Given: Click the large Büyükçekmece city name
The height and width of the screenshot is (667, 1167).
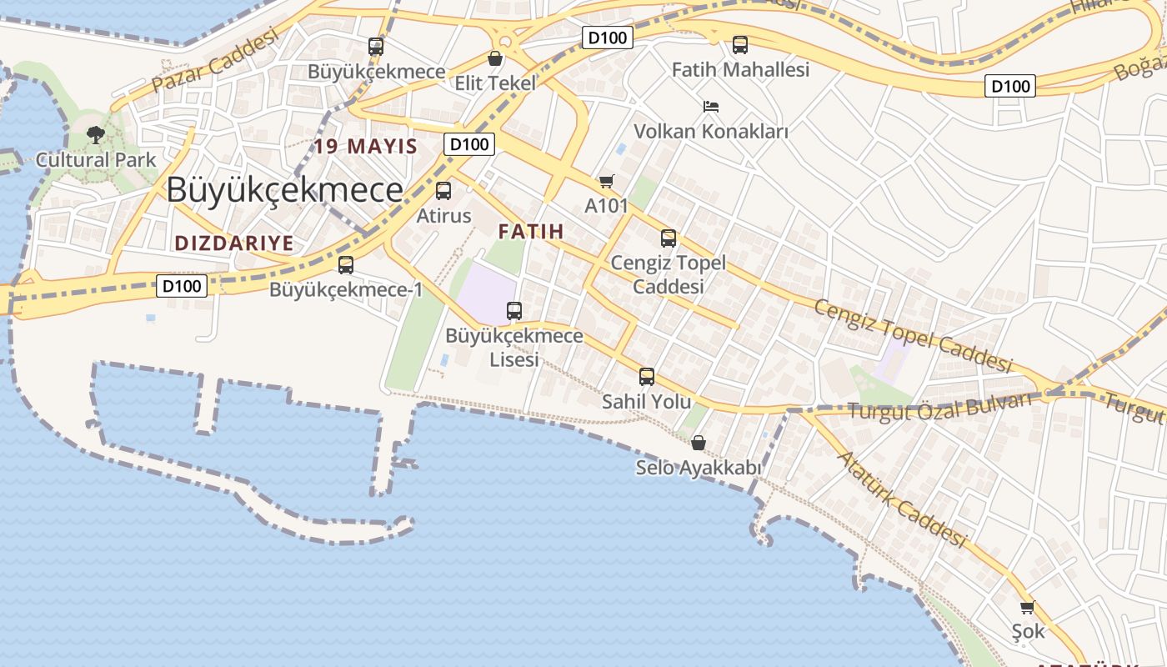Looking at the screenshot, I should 284,190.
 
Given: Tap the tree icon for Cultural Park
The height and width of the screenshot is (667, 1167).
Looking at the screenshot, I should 96,135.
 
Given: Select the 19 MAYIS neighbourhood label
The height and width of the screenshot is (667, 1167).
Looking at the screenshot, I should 366,147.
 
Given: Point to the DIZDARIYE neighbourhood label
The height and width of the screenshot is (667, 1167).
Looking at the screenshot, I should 234,243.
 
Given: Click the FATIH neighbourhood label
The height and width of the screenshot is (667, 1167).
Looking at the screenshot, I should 531,232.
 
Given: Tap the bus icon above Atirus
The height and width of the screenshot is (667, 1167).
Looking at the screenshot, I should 443,191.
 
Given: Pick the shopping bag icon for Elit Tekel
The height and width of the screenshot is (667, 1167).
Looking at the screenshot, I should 495,58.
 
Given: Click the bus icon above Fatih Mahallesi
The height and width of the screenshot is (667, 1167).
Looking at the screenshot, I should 740,45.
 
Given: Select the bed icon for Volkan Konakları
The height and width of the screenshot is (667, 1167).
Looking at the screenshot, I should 711,107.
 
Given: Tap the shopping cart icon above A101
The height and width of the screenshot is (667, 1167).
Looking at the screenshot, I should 606,182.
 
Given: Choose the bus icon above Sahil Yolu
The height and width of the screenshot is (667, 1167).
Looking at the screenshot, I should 647,377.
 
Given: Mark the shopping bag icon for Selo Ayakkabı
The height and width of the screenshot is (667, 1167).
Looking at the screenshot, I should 699,443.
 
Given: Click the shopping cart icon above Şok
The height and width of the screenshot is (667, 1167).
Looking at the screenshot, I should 1027,608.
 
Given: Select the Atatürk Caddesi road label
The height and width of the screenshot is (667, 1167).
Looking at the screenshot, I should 901,499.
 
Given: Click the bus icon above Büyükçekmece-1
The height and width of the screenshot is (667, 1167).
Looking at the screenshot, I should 346,265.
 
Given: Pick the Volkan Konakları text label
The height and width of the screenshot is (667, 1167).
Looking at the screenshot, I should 711,132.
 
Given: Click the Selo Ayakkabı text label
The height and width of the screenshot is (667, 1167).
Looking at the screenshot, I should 699,468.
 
